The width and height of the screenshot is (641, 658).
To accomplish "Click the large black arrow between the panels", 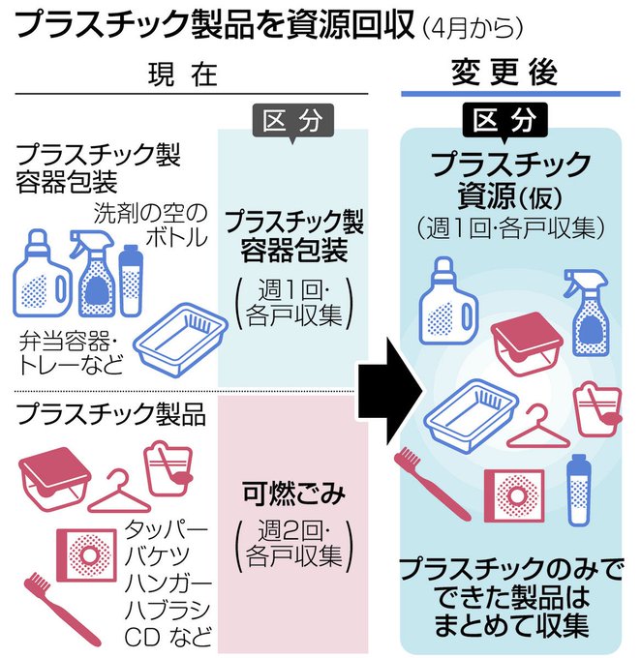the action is [388, 391].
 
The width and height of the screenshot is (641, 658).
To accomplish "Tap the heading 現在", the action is [183, 75].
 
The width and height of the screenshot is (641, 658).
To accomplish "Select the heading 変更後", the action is [504, 73].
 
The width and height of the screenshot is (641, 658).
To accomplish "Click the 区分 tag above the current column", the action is [292, 122].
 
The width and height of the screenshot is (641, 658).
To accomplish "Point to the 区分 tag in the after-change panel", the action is [504, 121].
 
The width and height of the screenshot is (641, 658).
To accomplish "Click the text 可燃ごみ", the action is [293, 493].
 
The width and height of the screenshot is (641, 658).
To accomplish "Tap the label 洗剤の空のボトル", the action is [151, 224].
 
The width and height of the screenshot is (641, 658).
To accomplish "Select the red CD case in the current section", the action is [86, 554].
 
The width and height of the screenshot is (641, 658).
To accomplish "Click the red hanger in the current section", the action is [119, 491].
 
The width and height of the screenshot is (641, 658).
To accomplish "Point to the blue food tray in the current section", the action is [180, 340].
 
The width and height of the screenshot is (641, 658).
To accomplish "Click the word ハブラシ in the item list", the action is [168, 610].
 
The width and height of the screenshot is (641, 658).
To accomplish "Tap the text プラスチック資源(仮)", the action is [510, 180].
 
